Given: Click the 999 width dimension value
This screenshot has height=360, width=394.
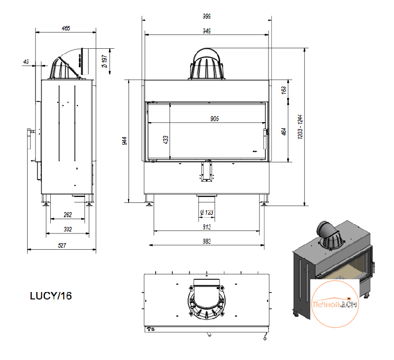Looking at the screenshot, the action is [x=206, y=16].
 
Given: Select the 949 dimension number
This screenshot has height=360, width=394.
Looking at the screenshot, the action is [x=206, y=31].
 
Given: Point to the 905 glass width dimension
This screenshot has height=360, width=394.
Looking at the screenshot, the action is [x=215, y=119].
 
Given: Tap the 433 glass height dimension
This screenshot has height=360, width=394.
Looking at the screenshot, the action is [x=165, y=140].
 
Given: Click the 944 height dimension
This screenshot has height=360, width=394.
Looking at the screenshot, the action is [x=125, y=141].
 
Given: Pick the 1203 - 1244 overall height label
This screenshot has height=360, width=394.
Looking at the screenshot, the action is [x=300, y=127].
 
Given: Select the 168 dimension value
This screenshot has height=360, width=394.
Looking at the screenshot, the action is [x=284, y=90].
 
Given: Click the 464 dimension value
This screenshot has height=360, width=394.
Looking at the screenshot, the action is [x=284, y=131].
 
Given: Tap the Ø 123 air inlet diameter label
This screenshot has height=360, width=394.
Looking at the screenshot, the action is [x=206, y=213].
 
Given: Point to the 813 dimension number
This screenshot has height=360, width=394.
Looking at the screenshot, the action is [x=206, y=227].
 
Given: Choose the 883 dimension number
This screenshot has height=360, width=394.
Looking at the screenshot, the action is [x=206, y=241].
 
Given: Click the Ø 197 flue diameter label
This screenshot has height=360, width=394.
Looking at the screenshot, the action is [x=104, y=62].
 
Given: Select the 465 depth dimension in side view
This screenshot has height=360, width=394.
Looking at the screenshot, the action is [x=66, y=29].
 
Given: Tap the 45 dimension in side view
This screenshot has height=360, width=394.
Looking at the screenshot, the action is [x=26, y=62].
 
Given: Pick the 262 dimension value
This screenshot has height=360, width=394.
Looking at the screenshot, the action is [x=67, y=215].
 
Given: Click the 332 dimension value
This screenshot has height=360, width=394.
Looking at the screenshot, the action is [x=67, y=229].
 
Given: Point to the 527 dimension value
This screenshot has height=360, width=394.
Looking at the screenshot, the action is [x=62, y=245].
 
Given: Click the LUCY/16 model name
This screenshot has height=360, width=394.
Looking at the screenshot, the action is [x=51, y=295].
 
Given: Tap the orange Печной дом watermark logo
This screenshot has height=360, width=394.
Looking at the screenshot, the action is [x=335, y=304].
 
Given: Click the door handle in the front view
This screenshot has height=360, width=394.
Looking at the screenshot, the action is [x=265, y=139].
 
